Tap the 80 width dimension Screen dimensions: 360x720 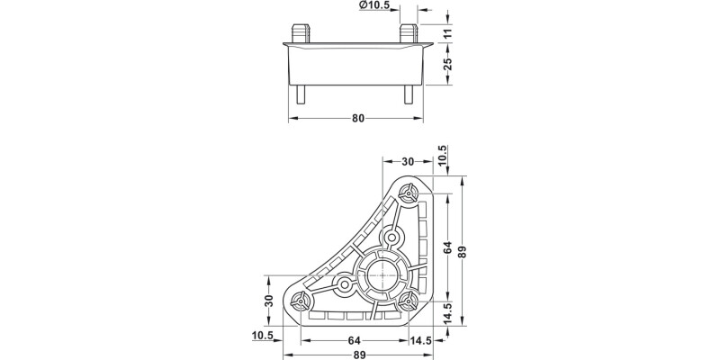358,117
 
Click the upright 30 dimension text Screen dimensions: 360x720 407,162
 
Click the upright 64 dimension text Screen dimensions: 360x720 355,341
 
